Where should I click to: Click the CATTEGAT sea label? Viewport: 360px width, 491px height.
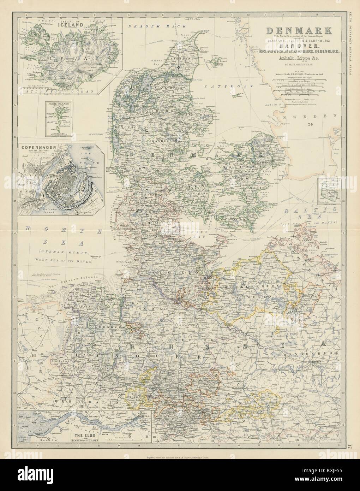click(x=226, y=86)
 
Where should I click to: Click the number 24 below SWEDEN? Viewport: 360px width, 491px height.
click(x=310, y=124)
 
